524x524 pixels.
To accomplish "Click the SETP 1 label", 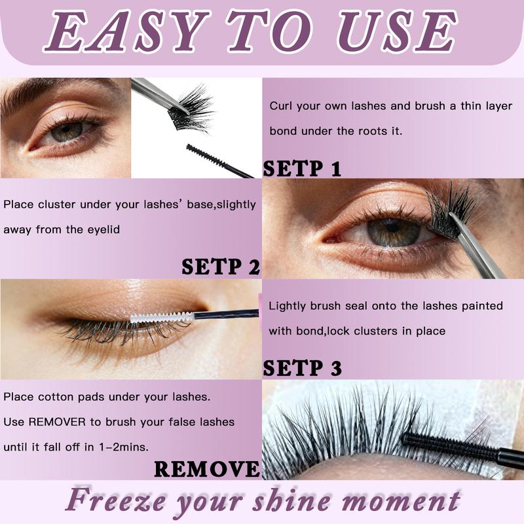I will (x=302, y=168).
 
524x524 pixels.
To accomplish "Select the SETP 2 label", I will (x=221, y=267).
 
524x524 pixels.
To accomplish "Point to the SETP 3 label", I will (x=302, y=367).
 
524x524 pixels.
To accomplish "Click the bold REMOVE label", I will (x=206, y=468).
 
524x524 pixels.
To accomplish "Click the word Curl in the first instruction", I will (x=280, y=106).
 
